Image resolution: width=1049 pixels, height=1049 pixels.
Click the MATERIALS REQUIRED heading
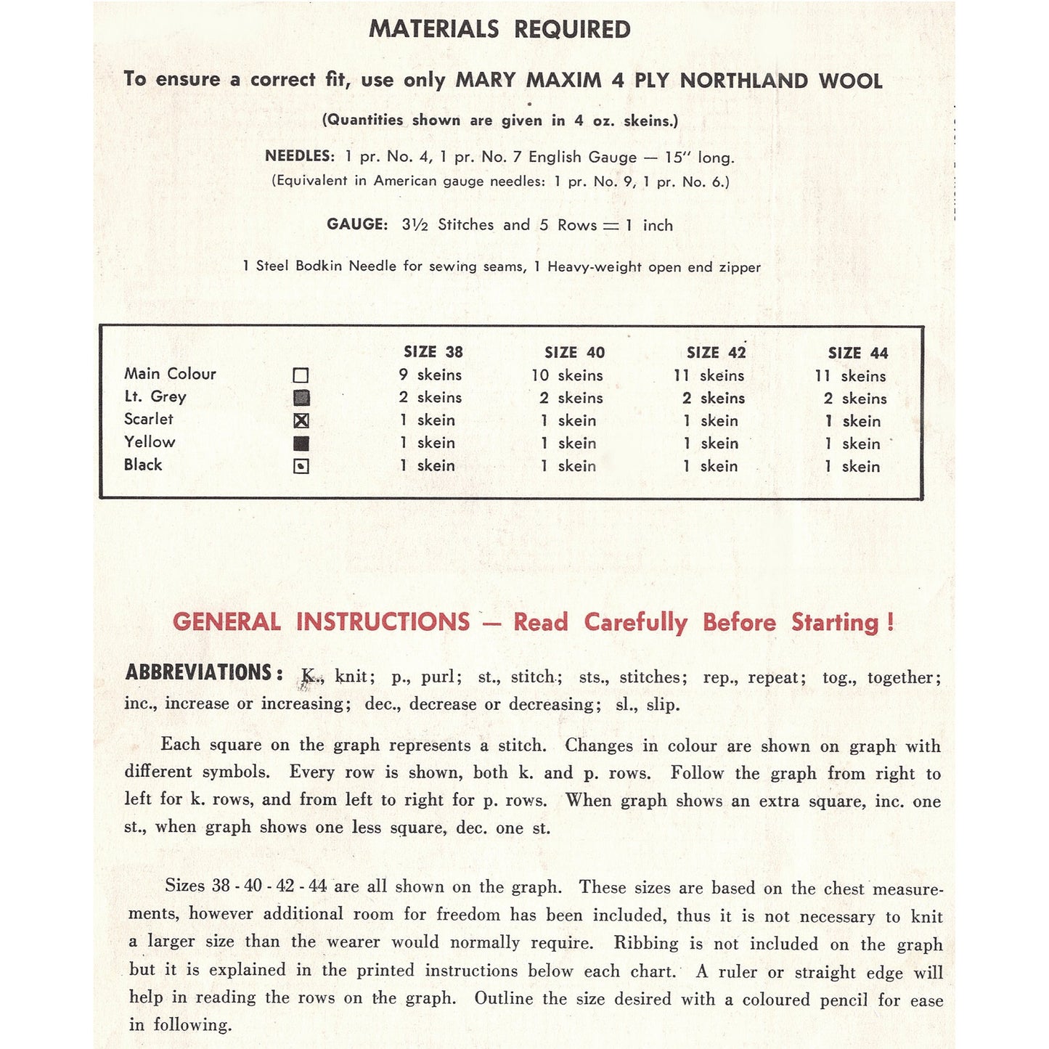click(499, 29)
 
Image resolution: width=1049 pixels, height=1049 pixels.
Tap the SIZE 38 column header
click(433, 352)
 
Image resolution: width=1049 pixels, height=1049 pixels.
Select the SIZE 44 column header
click(857, 354)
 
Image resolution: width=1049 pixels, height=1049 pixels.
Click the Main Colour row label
click(170, 374)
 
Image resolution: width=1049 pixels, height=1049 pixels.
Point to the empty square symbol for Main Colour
click(301, 375)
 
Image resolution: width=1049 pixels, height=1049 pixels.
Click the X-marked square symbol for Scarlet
click(301, 420)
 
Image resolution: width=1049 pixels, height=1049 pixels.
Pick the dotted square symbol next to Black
click(301, 466)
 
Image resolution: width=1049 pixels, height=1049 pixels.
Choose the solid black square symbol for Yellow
click(301, 443)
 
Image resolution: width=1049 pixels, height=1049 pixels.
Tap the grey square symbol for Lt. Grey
click(301, 398)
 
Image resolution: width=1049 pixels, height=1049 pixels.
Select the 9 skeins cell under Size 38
click(430, 375)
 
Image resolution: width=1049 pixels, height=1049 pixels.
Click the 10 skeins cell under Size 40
click(567, 376)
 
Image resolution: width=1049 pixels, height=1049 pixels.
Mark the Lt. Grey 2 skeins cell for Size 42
click(713, 399)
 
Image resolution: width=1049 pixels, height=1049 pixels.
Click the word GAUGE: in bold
click(357, 224)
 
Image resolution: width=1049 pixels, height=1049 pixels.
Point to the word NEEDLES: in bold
click(299, 156)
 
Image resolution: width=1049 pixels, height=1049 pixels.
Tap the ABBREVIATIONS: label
click(204, 673)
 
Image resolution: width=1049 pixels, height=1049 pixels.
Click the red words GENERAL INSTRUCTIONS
click(321, 622)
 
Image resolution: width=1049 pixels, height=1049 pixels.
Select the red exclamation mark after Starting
click(891, 623)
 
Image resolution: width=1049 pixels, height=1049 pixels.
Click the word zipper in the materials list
click(740, 267)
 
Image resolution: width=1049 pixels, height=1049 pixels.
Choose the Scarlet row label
click(149, 419)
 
